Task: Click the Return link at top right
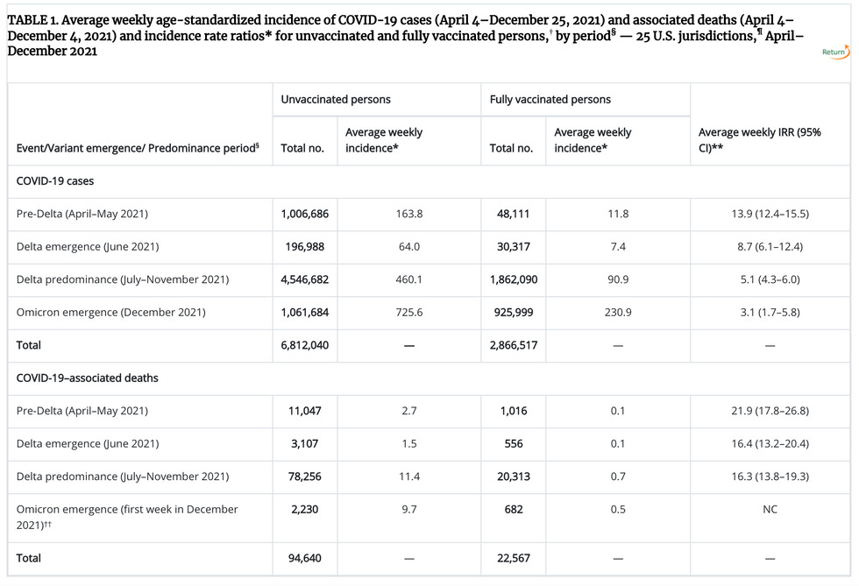(x=834, y=53)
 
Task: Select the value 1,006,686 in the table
(x=304, y=214)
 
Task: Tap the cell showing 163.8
(x=408, y=214)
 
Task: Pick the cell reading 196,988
(x=304, y=246)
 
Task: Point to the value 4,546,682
(x=304, y=279)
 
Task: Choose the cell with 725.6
(x=408, y=313)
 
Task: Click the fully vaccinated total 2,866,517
(x=514, y=345)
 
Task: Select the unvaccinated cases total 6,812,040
(x=304, y=345)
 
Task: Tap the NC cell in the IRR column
(x=770, y=509)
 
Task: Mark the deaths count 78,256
(x=304, y=477)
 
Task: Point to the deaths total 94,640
(x=304, y=557)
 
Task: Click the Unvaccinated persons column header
(x=336, y=100)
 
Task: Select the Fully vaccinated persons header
(x=550, y=100)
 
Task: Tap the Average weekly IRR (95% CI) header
(x=759, y=140)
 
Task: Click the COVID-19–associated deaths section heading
(x=88, y=378)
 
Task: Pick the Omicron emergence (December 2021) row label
(x=110, y=313)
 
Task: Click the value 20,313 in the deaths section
(x=514, y=477)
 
